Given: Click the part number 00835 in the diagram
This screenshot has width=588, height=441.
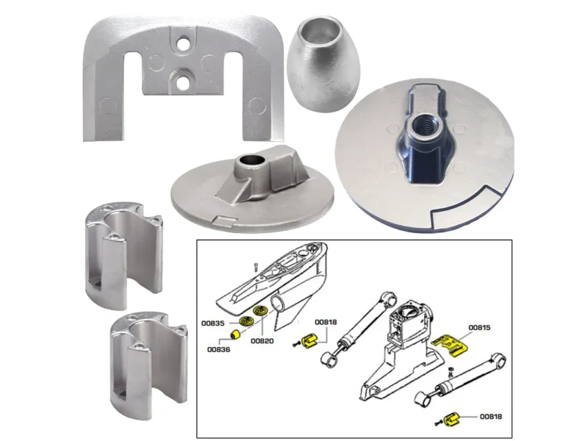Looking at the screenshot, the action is pyautogui.click(x=212, y=323).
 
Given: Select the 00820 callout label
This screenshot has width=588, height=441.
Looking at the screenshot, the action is pyautogui.click(x=262, y=341).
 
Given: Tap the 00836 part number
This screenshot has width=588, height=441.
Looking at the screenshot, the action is pyautogui.click(x=218, y=350).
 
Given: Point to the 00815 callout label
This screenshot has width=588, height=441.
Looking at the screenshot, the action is pyautogui.click(x=479, y=327).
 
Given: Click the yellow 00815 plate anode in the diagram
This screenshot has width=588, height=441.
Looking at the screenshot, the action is pyautogui.click(x=451, y=345).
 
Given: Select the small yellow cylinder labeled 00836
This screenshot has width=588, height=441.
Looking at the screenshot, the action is pyautogui.click(x=235, y=334).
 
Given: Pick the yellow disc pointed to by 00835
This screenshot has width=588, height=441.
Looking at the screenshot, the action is pyautogui.click(x=246, y=321).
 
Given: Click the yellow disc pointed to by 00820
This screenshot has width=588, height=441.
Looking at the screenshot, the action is pyautogui.click(x=259, y=311).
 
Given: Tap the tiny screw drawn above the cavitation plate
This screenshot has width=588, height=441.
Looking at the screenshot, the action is pyautogui.click(x=255, y=267).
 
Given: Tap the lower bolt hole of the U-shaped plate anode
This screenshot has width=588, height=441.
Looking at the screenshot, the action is pyautogui.click(x=182, y=82).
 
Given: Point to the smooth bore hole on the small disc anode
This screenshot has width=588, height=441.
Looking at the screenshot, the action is pyautogui.click(x=249, y=161).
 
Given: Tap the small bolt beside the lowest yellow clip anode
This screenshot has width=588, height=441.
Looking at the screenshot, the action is pyautogui.click(x=437, y=423).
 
